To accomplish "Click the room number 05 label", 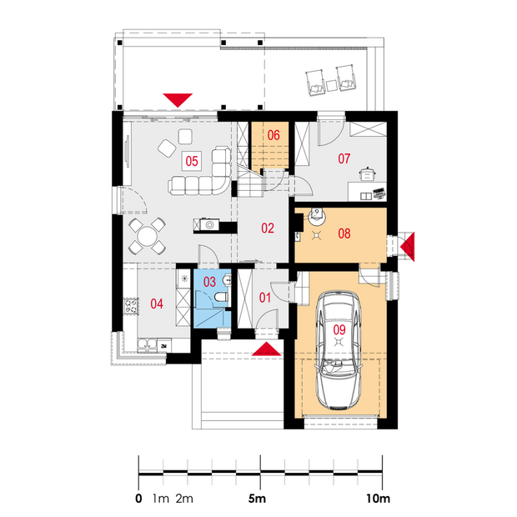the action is click(192, 161).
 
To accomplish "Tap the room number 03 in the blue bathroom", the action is click(209, 282).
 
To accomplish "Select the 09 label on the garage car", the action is click(339, 329).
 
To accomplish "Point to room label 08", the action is click(344, 233).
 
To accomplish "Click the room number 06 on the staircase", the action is click(274, 135).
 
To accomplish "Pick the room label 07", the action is click(344, 158).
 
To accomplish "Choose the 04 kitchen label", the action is click(157, 304).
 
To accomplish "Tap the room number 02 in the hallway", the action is click(268, 228).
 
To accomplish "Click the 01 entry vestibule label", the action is click(265, 298).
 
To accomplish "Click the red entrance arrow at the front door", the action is click(266, 349).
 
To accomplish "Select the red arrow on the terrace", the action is click(178, 100).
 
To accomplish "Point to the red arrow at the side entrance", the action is click(409, 247).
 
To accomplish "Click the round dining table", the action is click(147, 236).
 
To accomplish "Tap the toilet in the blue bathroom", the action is click(221, 296).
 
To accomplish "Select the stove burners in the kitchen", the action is click(131, 306).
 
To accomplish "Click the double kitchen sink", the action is click(147, 344).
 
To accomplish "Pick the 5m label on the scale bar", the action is click(257, 499).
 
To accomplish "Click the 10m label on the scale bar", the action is click(378, 499).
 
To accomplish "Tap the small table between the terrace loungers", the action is click(332, 85).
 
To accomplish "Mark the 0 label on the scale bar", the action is click(138, 499).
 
